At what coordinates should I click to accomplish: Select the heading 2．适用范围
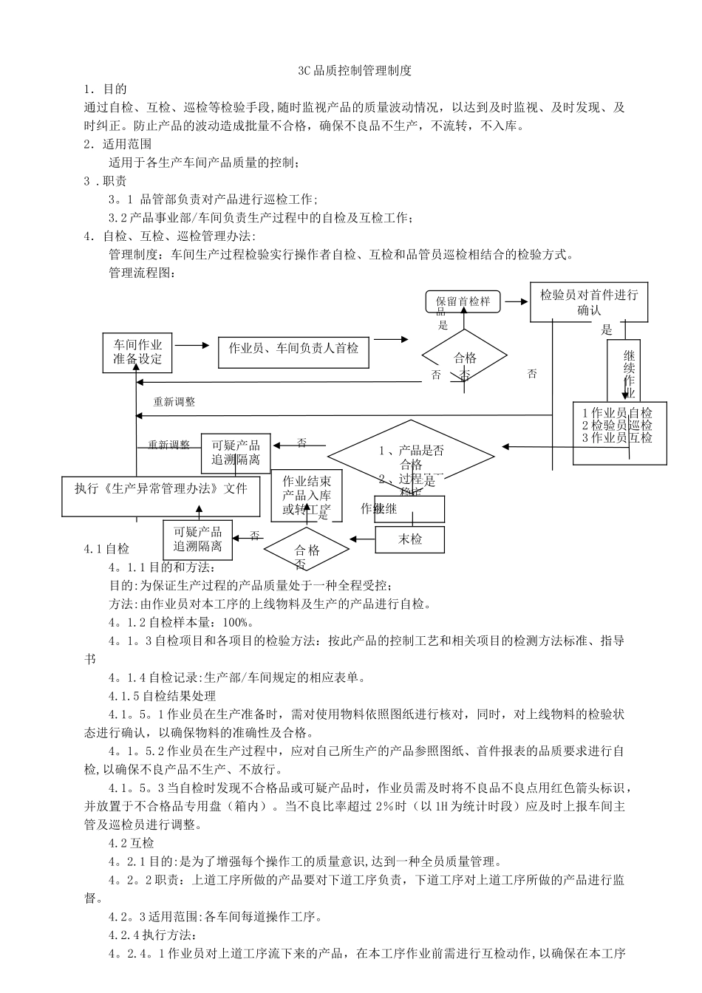[x=117, y=144]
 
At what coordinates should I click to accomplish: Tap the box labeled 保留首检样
[x=463, y=301]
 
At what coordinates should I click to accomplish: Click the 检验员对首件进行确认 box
[x=589, y=301]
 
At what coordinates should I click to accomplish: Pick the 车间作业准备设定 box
[x=137, y=352]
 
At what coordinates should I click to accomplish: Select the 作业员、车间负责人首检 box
[x=293, y=348]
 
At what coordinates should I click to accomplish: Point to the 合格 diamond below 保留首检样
[x=465, y=358]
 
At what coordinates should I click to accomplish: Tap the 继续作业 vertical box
[x=628, y=369]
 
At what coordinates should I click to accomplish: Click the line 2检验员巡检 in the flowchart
[x=617, y=425]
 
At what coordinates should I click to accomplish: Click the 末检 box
[x=410, y=539]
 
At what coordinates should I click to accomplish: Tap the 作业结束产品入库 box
[x=306, y=494]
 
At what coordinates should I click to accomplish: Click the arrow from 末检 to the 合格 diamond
[x=361, y=539]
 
